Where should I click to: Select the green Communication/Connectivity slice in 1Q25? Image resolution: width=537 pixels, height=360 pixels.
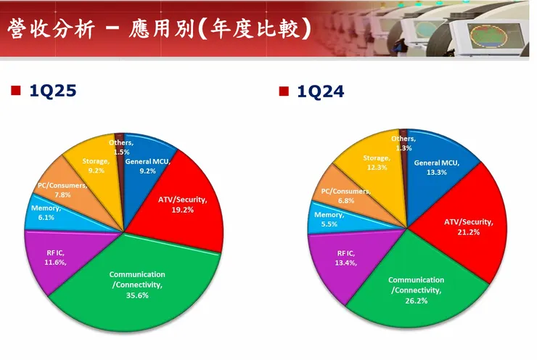(x=138, y=305)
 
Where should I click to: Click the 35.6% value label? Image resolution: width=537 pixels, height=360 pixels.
(x=137, y=296)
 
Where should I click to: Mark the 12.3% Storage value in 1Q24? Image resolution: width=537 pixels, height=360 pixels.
(x=376, y=167)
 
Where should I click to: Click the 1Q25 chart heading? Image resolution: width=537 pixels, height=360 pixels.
(x=53, y=91)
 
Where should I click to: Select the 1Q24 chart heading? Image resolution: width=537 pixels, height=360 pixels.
(x=320, y=91)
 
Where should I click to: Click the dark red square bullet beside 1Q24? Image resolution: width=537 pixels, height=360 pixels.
(x=284, y=91)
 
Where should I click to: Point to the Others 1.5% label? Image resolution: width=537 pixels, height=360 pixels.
(x=120, y=147)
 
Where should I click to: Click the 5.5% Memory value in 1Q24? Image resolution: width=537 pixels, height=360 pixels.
(x=329, y=225)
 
